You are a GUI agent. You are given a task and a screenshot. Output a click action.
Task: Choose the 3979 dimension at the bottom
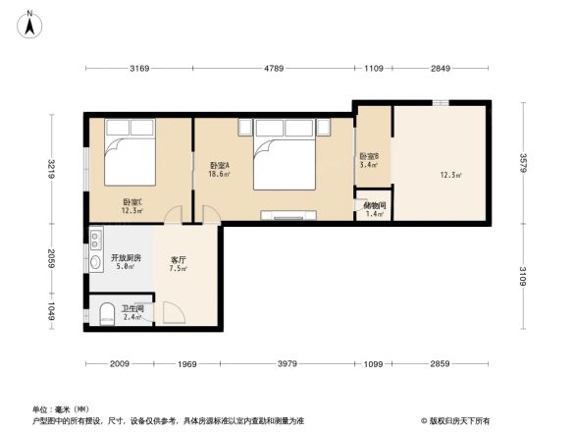(x=287, y=365)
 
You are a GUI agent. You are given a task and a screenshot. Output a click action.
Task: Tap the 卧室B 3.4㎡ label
(x=370, y=160)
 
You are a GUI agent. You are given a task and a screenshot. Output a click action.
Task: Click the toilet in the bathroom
(x=106, y=314)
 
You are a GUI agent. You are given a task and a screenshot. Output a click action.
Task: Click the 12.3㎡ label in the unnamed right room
(x=451, y=176)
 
